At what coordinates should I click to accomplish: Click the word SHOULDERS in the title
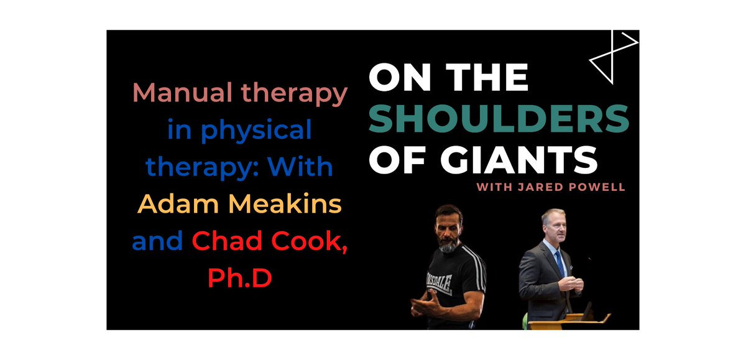click(x=499, y=118)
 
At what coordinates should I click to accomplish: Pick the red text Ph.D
click(x=239, y=279)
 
